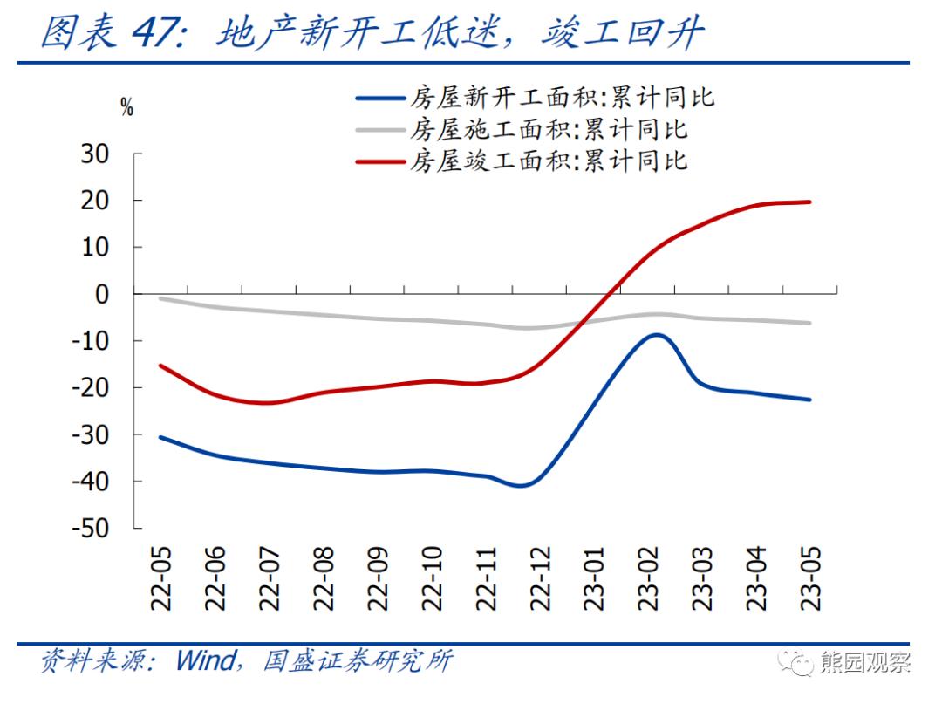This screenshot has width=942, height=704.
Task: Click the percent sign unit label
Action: coord(127,109)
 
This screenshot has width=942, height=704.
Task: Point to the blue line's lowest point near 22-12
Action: coord(521,486)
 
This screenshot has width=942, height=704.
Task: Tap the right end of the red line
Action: coord(810,202)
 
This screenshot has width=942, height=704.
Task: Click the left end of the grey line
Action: coord(160,298)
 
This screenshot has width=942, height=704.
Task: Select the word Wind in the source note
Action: coord(205,660)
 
